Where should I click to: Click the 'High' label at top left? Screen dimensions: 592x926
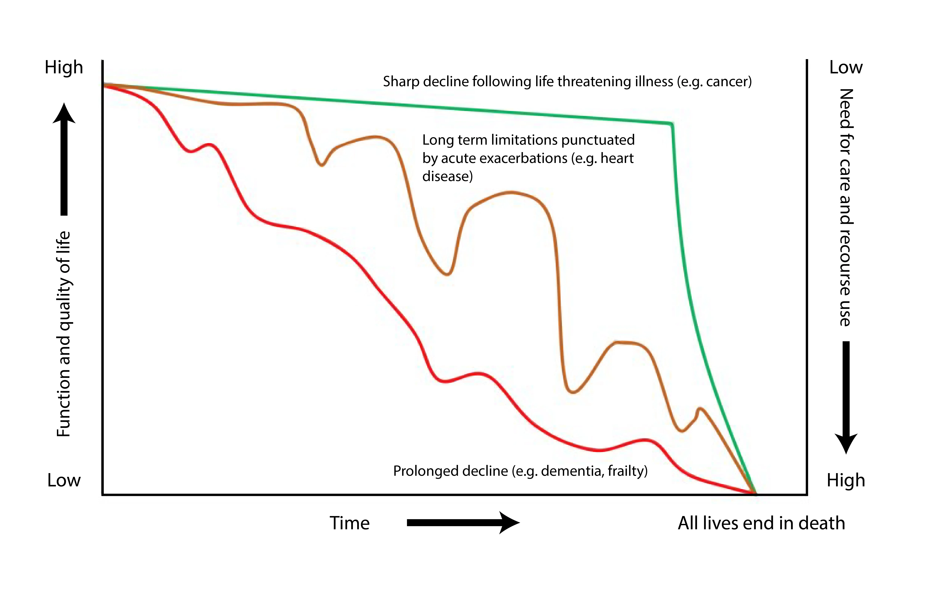point(64,67)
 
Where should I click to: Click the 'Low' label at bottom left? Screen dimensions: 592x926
point(64,480)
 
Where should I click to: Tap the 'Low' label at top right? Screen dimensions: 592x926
point(846,67)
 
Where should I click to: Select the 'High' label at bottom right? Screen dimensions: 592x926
point(846,480)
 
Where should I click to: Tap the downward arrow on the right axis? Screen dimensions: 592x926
point(846,396)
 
